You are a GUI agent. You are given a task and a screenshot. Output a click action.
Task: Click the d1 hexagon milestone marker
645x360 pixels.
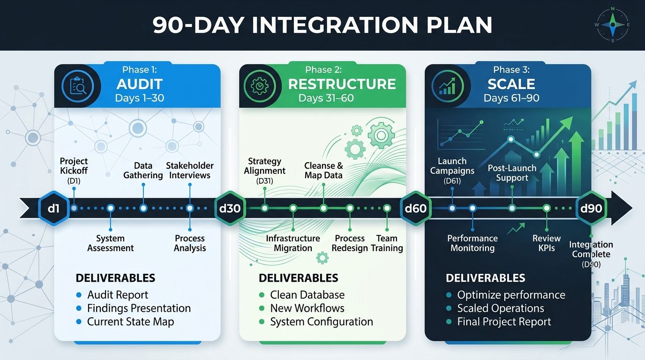54,208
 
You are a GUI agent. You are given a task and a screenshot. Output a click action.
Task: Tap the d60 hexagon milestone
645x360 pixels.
415,208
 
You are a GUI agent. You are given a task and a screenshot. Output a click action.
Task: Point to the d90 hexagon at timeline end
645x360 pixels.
591,208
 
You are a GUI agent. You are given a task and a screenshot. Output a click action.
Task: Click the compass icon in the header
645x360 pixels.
612,24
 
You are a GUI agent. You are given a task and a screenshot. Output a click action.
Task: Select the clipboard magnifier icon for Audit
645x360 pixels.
78,86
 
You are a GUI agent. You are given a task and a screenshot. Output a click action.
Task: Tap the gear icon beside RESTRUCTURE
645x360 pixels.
259,86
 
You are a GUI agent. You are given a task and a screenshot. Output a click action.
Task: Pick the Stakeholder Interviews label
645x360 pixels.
190,171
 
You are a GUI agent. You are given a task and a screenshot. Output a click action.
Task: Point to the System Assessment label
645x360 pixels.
111,243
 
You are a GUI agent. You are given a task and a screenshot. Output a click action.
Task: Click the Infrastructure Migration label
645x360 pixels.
293,243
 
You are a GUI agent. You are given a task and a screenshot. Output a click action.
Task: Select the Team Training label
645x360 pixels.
387,243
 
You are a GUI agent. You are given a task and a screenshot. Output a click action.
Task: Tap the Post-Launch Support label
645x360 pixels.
512,173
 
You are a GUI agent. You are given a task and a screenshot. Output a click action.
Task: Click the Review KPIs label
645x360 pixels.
547,243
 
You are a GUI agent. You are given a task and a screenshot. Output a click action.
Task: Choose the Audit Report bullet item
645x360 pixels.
117,295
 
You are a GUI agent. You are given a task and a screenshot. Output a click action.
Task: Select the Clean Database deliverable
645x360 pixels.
307,295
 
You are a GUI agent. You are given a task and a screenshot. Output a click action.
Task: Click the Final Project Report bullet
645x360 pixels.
504,322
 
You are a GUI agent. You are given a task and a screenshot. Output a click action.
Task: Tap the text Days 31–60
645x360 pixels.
326,98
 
